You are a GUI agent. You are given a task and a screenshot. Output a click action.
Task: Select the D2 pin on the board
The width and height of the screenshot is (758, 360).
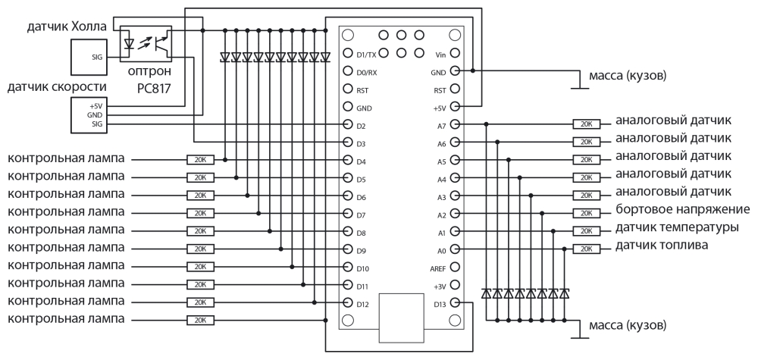point(348,125)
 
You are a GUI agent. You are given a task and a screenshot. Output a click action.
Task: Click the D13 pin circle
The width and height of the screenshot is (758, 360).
point(455,304)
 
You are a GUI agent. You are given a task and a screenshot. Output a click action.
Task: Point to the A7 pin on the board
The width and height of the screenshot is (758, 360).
point(455,124)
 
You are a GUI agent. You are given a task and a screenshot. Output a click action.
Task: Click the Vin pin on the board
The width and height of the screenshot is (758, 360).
point(455,54)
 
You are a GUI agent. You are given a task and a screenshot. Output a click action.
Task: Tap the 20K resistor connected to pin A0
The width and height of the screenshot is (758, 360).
point(584,249)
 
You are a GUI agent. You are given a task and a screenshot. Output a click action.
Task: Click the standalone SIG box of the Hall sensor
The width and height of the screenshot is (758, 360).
point(86,56)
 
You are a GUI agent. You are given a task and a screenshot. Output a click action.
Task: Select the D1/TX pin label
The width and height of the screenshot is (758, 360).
point(366,54)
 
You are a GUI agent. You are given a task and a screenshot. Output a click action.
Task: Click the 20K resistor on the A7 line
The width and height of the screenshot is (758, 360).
point(584,124)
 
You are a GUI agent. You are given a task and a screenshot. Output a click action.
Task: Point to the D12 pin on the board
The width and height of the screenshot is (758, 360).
point(348,304)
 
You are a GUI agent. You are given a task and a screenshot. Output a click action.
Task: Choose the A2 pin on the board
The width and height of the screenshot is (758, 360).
point(455,214)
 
